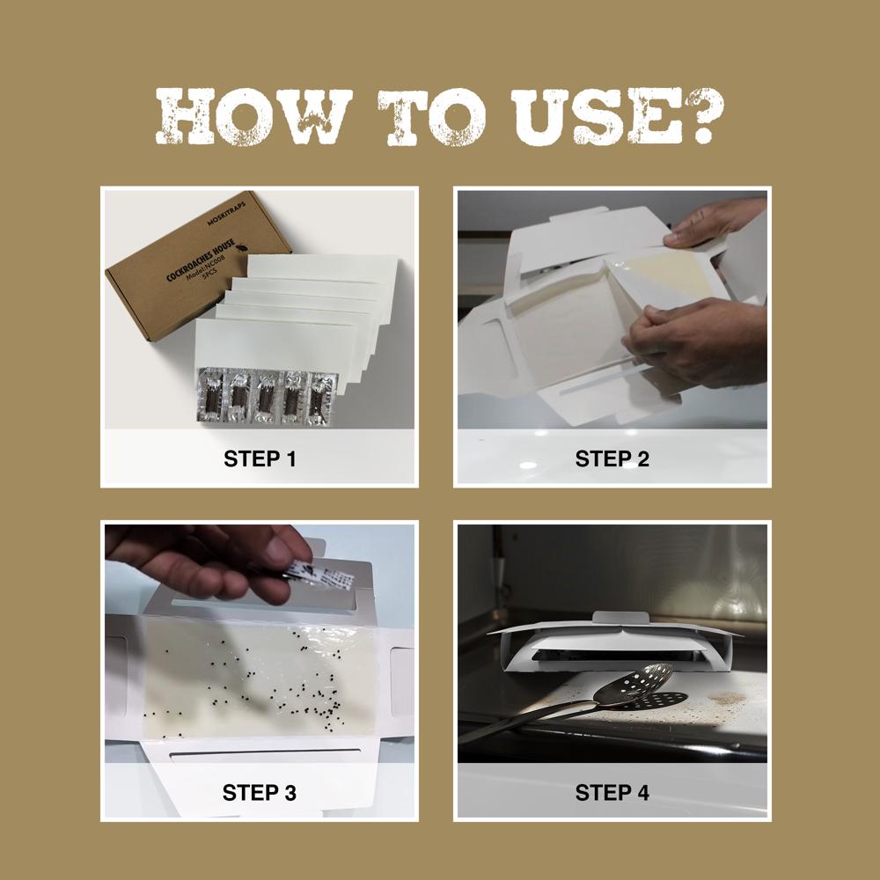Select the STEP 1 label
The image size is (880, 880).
260,459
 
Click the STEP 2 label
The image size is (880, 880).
612,459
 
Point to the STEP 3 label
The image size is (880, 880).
260,793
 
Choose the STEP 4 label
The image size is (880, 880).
612,793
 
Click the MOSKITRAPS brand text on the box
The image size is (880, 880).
226,214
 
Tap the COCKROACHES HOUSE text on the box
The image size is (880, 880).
201,260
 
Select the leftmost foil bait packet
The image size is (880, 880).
211,395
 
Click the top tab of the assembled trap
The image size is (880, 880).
621,618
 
